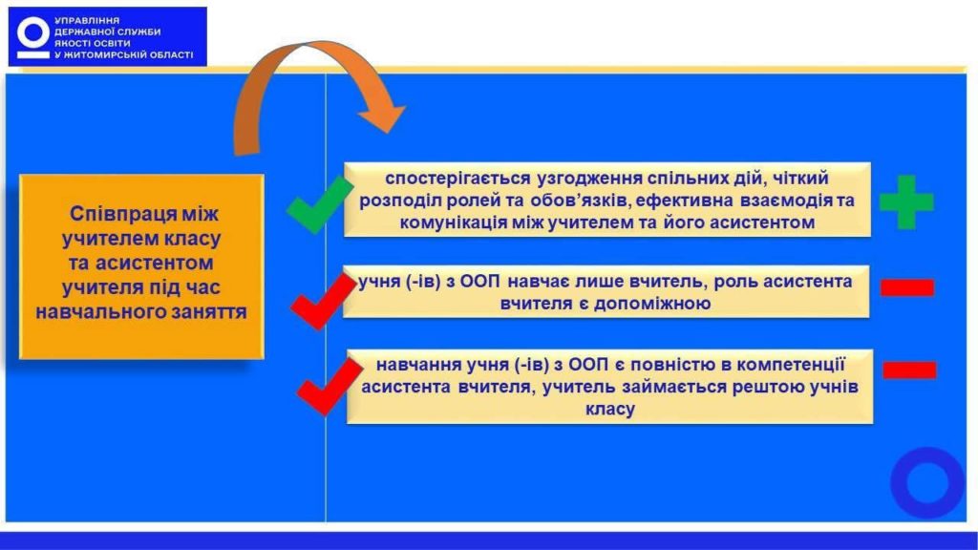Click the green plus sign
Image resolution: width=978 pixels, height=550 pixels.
click(x=906, y=202)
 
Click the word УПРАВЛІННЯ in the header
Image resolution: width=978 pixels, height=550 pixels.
click(x=87, y=21)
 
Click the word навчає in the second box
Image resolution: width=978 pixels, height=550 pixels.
click(x=531, y=282)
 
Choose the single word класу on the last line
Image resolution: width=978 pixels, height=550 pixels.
click(x=610, y=409)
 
